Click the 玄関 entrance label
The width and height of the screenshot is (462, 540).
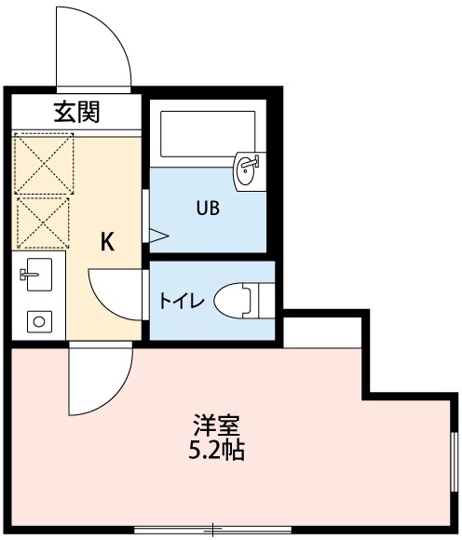pyautogui.click(x=76, y=112)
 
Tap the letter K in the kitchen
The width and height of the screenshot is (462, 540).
pyautogui.click(x=107, y=242)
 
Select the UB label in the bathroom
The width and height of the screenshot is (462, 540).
pyautogui.click(x=208, y=208)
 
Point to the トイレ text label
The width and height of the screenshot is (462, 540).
pyautogui.click(x=182, y=301)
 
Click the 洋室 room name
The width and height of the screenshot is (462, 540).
pyautogui.click(x=216, y=425)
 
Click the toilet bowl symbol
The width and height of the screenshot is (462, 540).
pyautogui.click(x=232, y=301)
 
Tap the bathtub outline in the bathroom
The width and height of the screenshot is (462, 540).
pyautogui.click(x=208, y=134)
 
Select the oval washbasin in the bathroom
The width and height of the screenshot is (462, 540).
pyautogui.click(x=246, y=170)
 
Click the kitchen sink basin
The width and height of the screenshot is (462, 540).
pyautogui.click(x=39, y=275)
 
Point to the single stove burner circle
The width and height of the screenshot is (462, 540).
pyautogui.click(x=39, y=322)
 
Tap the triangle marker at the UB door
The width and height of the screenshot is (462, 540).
pyautogui.click(x=159, y=236)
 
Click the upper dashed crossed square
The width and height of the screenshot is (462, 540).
pyautogui.click(x=44, y=164)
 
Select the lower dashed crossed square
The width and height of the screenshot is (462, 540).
pyautogui.click(x=43, y=223)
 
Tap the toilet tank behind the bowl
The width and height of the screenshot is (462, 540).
pyautogui.click(x=266, y=301)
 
